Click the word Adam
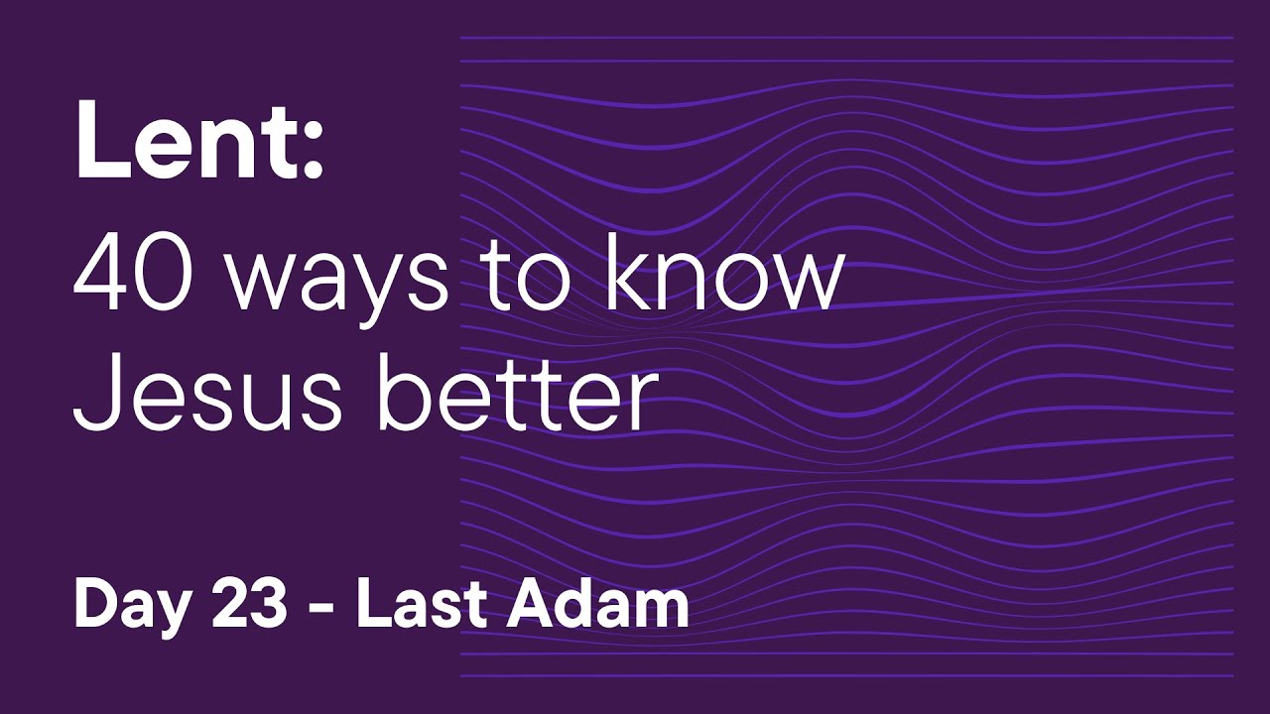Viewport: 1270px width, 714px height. point(596,604)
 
